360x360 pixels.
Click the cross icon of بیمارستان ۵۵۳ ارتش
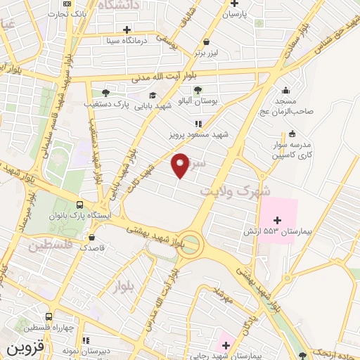(x=276, y=220)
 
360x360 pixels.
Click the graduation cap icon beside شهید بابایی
(x=152, y=96)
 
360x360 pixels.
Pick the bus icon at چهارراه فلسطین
(x=49, y=316)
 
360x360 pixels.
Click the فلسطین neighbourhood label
(x=51, y=247)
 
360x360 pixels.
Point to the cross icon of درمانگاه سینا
(x=127, y=30)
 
